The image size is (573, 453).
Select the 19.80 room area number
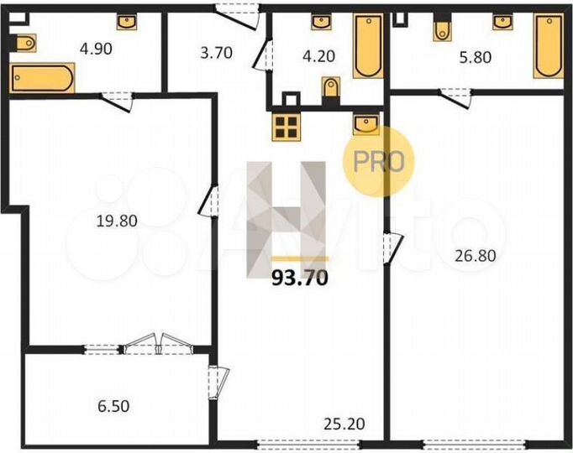(116, 221)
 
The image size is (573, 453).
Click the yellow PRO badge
(379, 161)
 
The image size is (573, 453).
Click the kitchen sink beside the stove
(366, 125)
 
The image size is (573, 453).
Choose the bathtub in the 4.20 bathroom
(367, 46)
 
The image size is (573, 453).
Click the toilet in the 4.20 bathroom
(330, 87)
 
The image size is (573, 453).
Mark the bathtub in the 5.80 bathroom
(548, 49)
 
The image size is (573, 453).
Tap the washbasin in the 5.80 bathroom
(503, 21)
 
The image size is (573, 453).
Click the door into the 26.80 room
(391, 245)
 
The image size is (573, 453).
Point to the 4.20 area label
(315, 59)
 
